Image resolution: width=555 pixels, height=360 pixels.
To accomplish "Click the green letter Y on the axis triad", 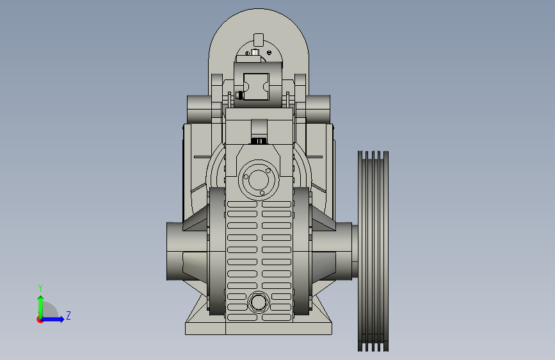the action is pos(40,288).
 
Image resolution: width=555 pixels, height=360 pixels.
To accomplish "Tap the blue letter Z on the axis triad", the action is pos(68,315).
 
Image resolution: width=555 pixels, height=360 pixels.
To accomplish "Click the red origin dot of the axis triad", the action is pos(40,320).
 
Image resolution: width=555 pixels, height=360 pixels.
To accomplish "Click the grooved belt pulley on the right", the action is pos(373,251).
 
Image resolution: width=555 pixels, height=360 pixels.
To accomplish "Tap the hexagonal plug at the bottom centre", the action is pos(259,302).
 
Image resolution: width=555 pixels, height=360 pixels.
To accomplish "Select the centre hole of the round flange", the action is pos(259,179).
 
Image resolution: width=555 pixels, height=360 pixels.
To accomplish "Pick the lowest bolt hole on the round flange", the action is pos(262,193).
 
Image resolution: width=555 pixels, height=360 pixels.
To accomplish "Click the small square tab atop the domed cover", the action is pos(259,40).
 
